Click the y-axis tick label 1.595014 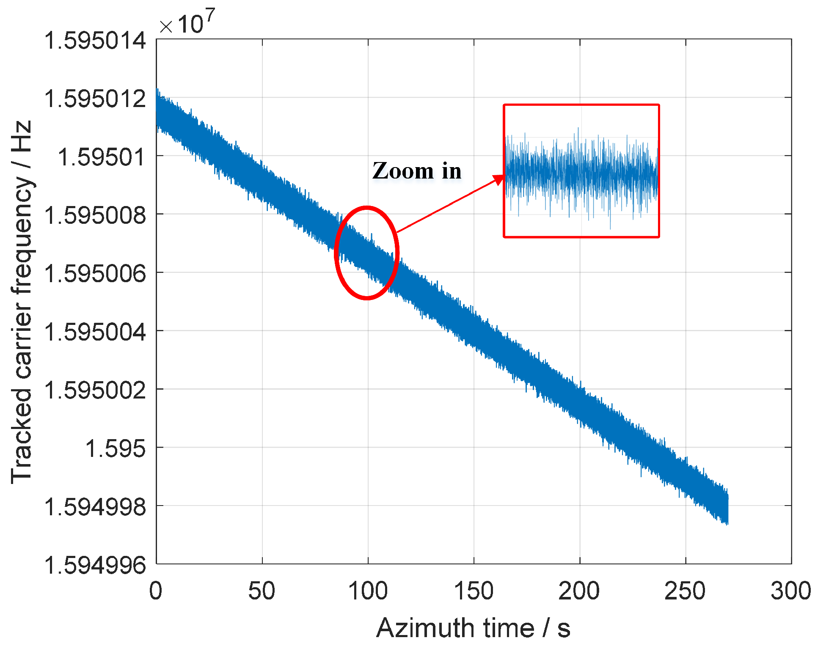point(95,41)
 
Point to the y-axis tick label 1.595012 point(95,99)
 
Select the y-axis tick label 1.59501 point(102,158)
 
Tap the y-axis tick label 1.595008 point(95,216)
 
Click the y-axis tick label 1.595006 point(95,274)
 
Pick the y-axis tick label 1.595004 point(95,332)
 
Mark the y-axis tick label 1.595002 point(95,390)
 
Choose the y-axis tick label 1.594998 point(95,507)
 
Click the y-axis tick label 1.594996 point(95,565)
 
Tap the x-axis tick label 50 point(262,591)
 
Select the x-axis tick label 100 point(368,591)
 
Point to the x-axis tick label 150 point(474,591)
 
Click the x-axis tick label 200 point(579,591)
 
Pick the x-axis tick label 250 point(685,591)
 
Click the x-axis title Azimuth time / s point(473,628)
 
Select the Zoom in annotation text point(417,171)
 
